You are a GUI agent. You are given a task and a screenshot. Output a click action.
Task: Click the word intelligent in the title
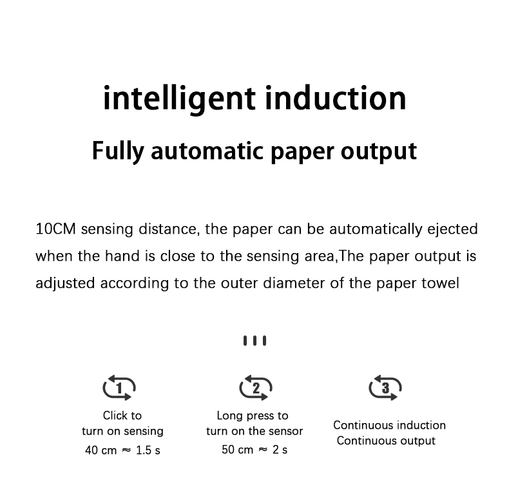179,98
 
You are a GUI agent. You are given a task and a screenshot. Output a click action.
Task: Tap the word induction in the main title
336,98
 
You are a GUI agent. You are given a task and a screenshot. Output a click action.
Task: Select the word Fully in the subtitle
118,151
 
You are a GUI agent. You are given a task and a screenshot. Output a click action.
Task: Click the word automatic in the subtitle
208,151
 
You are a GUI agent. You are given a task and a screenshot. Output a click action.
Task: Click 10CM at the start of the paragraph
56,229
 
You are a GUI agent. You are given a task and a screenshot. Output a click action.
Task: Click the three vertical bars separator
254,341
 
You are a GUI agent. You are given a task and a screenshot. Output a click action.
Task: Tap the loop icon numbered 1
119,388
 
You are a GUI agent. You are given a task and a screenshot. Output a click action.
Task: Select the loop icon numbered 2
255,388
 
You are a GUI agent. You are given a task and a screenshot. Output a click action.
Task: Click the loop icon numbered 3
385,388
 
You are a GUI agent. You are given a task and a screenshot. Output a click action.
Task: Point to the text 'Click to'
122,415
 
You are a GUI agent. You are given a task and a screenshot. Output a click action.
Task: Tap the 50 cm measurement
238,450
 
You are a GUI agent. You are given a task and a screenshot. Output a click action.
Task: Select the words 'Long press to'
253,415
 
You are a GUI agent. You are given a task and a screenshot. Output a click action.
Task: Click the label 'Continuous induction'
389,425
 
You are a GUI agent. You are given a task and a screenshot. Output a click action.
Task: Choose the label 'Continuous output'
386,441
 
